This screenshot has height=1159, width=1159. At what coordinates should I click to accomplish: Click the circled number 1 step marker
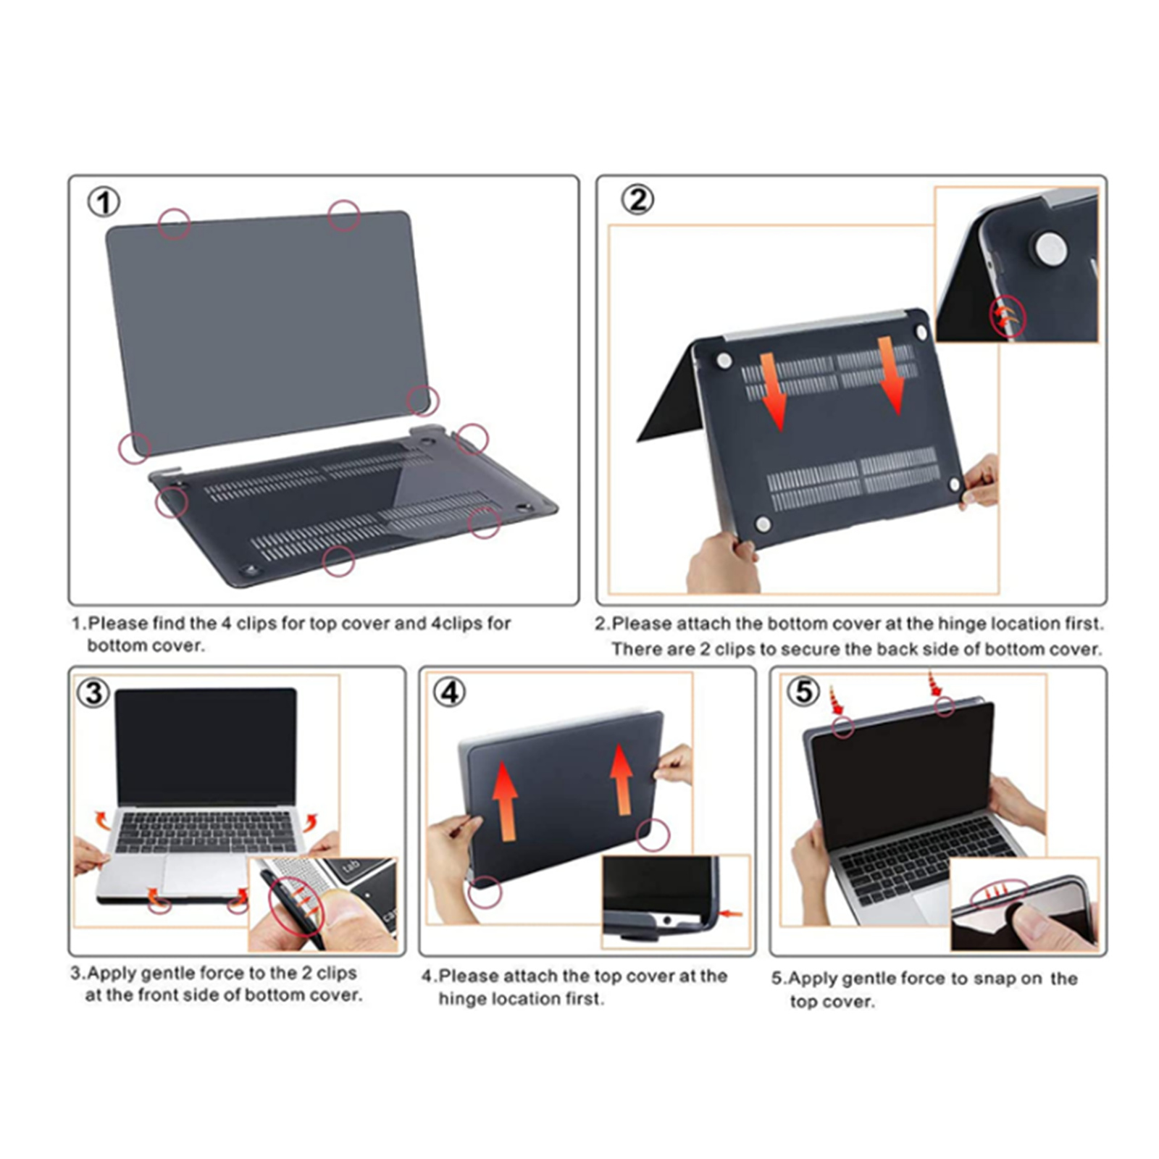(x=104, y=202)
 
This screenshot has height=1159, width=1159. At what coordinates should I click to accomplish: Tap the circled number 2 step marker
(x=637, y=200)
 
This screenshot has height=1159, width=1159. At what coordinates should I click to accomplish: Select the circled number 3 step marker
(x=93, y=693)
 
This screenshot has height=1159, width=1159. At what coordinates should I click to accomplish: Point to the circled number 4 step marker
(x=449, y=693)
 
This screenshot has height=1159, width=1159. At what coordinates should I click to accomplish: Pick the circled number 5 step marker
(x=803, y=691)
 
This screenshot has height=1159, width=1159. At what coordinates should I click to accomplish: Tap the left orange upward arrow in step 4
(x=505, y=803)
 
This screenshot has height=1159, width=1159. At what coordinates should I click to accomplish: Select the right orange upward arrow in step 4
(x=621, y=779)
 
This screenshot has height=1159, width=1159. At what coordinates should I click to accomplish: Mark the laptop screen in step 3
(x=206, y=747)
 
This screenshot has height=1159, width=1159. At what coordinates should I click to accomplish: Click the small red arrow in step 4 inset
(x=732, y=914)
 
